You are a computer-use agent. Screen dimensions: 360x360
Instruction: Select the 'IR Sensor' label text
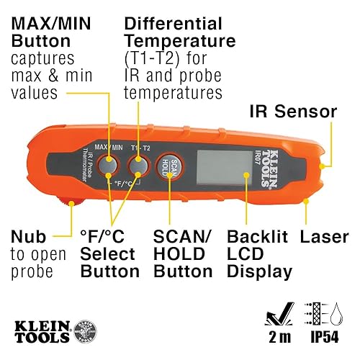293,112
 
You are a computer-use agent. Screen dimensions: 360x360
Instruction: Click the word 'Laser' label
324,236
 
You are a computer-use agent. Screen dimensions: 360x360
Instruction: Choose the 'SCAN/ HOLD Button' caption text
183,254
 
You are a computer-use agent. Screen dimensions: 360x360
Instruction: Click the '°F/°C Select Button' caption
109,254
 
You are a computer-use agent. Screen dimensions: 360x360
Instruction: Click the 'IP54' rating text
323,338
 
